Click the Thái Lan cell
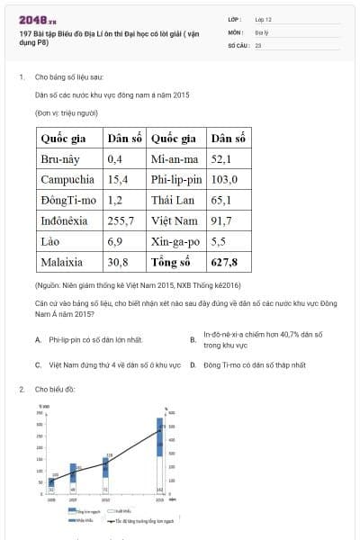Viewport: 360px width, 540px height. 168,200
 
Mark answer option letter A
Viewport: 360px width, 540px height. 38,340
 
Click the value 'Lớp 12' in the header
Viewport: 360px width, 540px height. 263,18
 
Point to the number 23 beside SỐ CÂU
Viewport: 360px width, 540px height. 258,43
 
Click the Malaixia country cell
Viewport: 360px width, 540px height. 61,263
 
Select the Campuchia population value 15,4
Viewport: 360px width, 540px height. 118,179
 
